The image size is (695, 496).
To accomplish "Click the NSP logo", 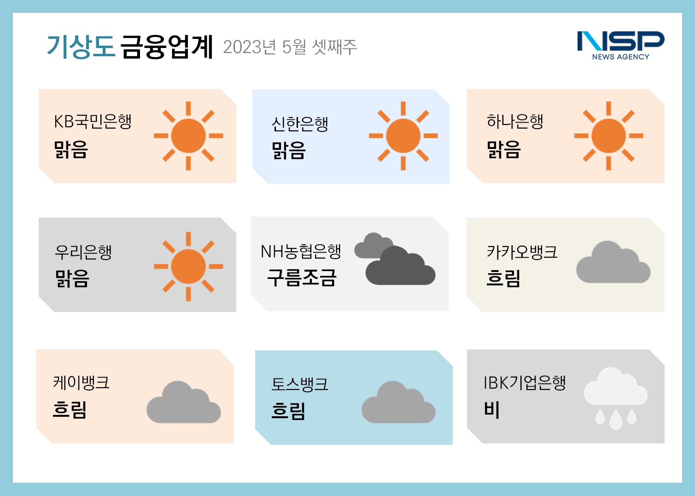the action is click(x=620, y=45).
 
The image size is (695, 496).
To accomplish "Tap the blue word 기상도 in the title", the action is click(x=81, y=47).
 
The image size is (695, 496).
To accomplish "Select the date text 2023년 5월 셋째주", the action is click(x=290, y=47).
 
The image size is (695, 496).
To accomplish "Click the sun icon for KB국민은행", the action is click(x=188, y=136).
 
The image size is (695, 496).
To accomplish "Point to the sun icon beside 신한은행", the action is click(x=403, y=136).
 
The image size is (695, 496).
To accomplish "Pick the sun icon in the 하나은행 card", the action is click(x=608, y=136).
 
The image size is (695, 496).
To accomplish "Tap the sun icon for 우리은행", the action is click(x=188, y=266).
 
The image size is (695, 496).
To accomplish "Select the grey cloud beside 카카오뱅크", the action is click(x=613, y=262).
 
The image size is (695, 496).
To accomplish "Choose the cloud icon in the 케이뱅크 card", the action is click(x=184, y=402).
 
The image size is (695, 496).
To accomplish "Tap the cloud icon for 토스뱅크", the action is click(x=398, y=402).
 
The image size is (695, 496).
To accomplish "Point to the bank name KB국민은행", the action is click(x=93, y=121).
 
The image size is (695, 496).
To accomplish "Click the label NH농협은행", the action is click(x=301, y=251).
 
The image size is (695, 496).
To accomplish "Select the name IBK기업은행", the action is click(x=525, y=382).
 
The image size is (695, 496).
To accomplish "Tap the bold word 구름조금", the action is click(x=302, y=278).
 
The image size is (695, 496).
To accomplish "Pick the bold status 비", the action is click(x=492, y=409).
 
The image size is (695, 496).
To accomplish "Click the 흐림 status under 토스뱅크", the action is click(x=288, y=411).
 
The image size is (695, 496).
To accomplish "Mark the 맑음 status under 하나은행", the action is click(x=503, y=149).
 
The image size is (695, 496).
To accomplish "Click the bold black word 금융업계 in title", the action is click(x=167, y=47).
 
